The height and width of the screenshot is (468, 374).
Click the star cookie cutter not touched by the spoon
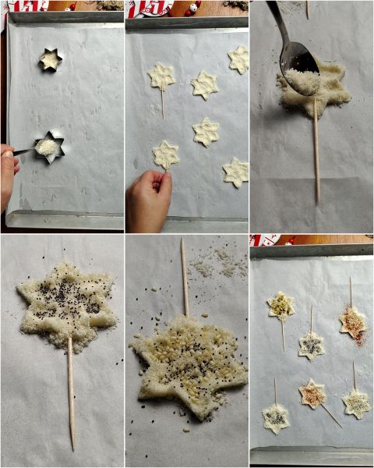(x=51, y=59)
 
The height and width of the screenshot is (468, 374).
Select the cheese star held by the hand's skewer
(x=165, y=154)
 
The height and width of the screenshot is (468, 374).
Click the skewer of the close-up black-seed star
(x=71, y=390)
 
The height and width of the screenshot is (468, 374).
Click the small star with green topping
(x=280, y=305)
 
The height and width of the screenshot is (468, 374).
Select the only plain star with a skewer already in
(x=161, y=76)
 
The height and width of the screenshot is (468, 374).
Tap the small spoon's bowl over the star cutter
(x=45, y=146)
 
